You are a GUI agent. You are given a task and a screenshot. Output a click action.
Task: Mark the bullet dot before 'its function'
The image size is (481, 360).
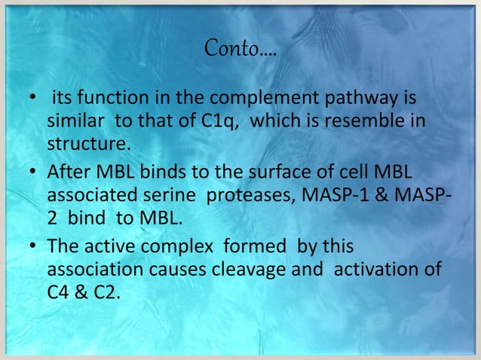tap(30, 101)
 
